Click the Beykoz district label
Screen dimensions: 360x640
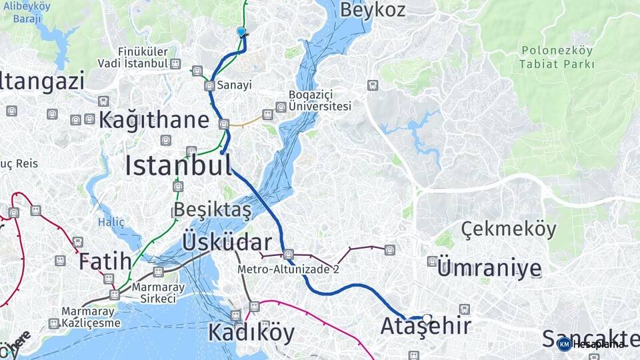(373, 10)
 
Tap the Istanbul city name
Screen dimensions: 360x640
(178, 165)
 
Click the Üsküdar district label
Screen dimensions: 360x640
(227, 242)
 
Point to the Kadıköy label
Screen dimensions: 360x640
(251, 332)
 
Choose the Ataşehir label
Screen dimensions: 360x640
(425, 327)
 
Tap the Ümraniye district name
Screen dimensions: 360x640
(489, 269)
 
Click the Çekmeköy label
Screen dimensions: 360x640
(508, 229)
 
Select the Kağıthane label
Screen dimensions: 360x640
(154, 120)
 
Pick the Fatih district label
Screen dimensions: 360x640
(104, 261)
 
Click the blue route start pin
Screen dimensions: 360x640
(241, 31)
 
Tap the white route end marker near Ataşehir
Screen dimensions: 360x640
(427, 318)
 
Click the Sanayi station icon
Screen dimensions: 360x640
(210, 85)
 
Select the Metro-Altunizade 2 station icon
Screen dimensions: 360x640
(288, 254)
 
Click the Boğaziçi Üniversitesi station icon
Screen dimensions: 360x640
(281, 107)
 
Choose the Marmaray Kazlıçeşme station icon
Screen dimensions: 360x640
(54, 323)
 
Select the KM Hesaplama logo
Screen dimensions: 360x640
(592, 344)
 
